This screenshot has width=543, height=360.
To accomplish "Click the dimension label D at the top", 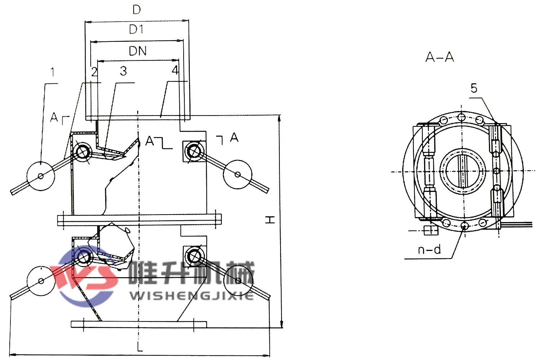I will click(x=137, y=10).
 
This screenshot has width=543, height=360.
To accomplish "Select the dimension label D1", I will click(x=136, y=29).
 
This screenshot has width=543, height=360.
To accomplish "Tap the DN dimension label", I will click(x=138, y=51).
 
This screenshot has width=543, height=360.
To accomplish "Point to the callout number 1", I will click(x=53, y=72).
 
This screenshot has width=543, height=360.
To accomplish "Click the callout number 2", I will click(x=94, y=72).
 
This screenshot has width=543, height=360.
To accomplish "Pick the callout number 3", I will click(x=124, y=71).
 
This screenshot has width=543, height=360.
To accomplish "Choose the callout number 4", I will click(x=175, y=70).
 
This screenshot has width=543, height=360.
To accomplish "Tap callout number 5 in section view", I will click(x=474, y=88).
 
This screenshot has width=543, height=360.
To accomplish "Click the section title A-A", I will click(x=440, y=57).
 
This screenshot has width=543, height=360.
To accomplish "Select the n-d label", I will click(x=429, y=249).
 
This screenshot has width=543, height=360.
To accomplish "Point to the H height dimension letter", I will click(x=270, y=220).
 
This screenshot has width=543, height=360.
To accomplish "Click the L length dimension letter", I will click(x=140, y=347).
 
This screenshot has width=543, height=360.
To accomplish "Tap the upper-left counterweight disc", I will click(x=41, y=176).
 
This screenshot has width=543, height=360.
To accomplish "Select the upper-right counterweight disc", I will click(x=238, y=174).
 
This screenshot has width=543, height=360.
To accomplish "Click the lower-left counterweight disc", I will click(x=41, y=281).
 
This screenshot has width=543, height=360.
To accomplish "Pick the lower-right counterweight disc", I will click(x=238, y=281).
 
